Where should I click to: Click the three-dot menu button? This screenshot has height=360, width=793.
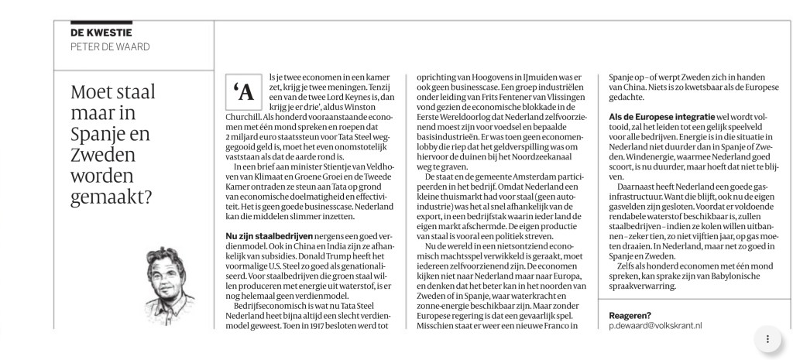point(767,338)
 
